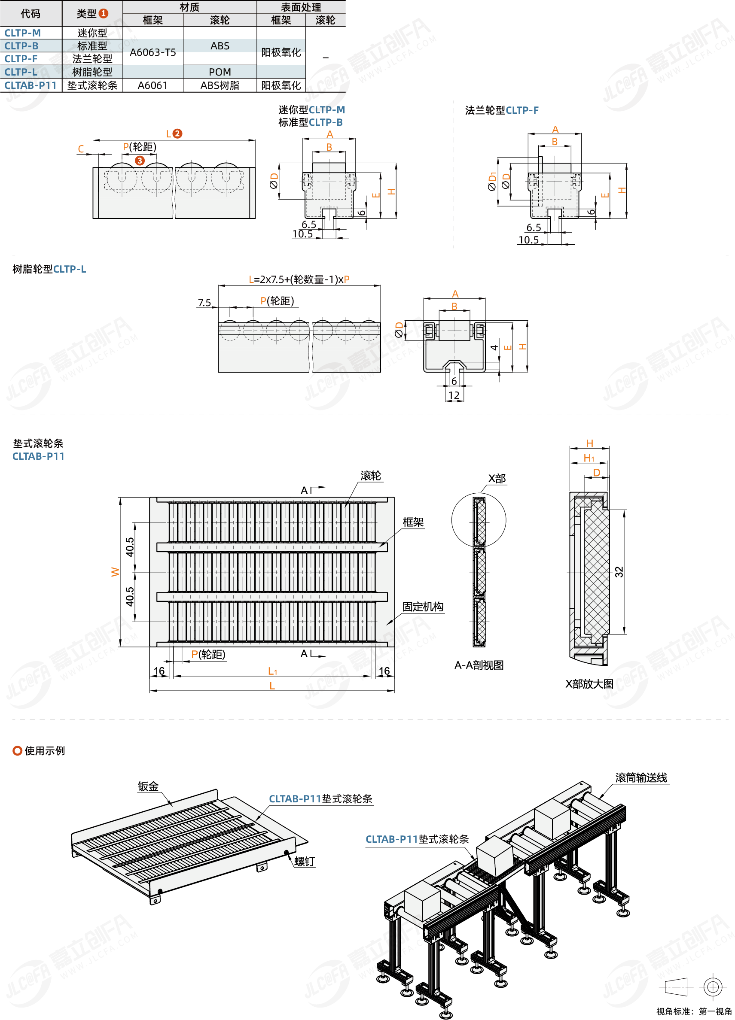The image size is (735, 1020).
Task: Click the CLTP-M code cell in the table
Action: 22,33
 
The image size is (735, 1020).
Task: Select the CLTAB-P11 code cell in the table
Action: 30,85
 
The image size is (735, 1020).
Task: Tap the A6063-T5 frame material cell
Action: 153,52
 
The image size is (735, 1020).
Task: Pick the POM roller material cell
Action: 220,72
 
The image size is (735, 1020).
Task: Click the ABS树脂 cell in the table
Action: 220,85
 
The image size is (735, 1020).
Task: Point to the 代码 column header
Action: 30,13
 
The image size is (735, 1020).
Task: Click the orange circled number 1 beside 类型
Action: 104,13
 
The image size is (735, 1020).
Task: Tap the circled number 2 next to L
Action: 177,134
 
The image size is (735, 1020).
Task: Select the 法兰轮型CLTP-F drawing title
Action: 502,110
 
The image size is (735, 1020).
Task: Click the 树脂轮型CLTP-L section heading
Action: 49,269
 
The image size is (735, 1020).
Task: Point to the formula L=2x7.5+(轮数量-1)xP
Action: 299,279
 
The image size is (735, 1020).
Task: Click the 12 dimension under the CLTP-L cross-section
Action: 454,395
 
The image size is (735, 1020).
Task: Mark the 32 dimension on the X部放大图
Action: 619,572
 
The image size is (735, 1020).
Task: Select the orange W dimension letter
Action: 116,572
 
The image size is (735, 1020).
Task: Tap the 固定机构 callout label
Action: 423,607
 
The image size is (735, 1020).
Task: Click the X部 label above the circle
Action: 497,478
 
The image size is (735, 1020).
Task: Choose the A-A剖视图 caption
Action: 479,665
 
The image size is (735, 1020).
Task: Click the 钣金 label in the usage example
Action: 148,786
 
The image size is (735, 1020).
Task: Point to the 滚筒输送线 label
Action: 641,777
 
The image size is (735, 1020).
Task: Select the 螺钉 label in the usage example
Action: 305,861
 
